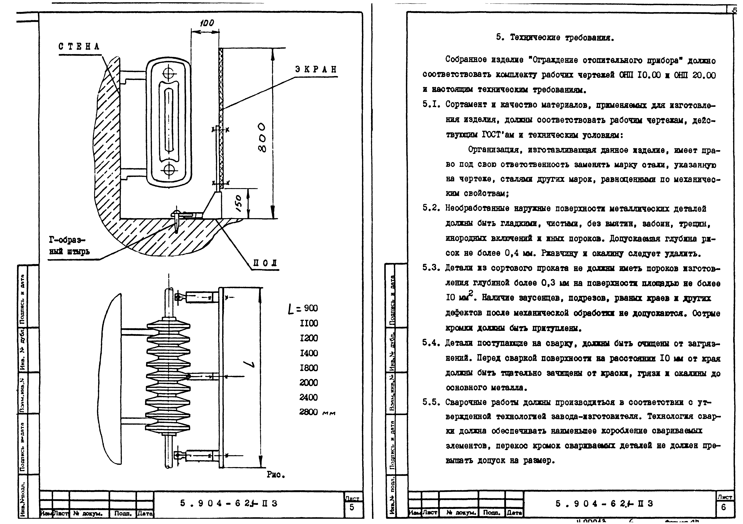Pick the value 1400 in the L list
pyautogui.click(x=309, y=353)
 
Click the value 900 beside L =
pyautogui.click(x=311, y=308)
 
